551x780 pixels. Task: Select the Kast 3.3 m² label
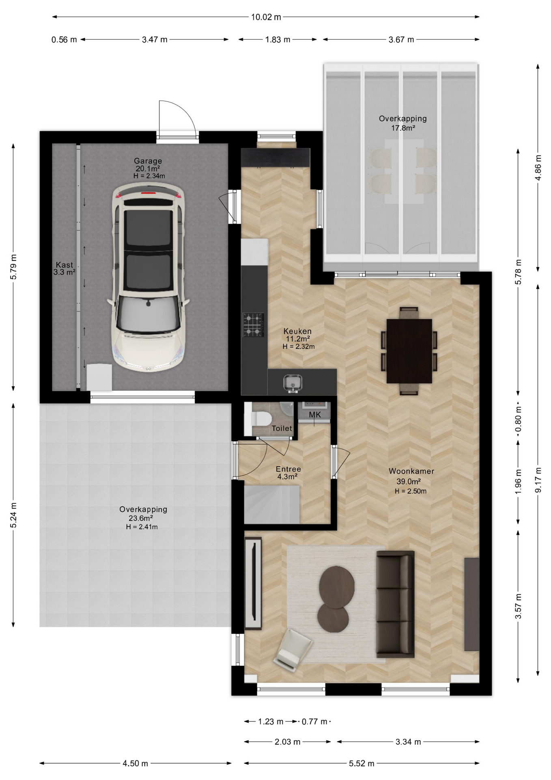[x=65, y=269]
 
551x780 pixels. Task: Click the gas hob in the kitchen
[x=254, y=325]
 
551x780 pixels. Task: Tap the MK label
[x=315, y=415]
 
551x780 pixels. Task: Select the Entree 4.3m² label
[x=288, y=473]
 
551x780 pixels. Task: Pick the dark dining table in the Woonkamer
[x=409, y=351]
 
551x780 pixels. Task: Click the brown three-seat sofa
[x=395, y=604]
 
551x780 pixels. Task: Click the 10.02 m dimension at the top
[x=266, y=17]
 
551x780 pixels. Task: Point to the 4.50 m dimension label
[x=136, y=763]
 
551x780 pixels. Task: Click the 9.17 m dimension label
[x=538, y=480]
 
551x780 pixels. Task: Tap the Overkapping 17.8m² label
[x=402, y=123]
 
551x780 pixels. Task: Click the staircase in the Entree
[x=272, y=505]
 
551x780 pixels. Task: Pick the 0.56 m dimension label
[x=64, y=40]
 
